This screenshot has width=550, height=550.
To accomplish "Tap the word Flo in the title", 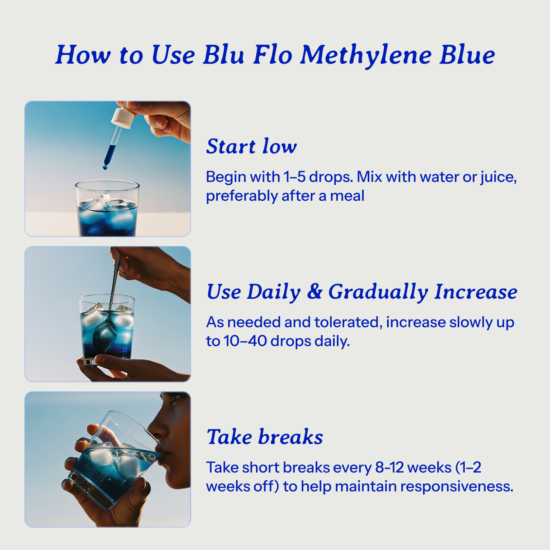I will pos(272,55).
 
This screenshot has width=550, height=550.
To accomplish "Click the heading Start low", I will pos(251,146).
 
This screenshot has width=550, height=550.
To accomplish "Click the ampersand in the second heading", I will pos(314,291).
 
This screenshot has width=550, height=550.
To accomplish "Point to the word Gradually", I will pos(378,292).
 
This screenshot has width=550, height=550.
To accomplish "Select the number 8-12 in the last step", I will pos(389,467).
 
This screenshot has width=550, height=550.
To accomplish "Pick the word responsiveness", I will pos(458,486).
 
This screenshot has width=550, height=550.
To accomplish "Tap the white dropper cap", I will pos(123,117).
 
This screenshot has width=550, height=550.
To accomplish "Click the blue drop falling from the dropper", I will pos(105,167).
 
